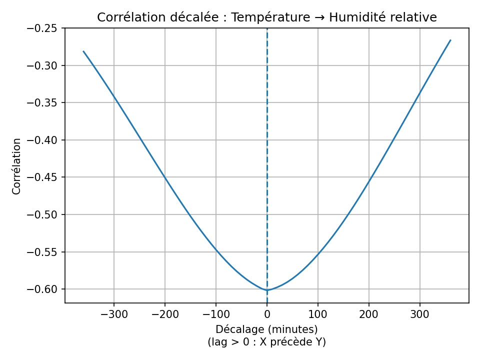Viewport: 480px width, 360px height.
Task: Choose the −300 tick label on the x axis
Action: (x=114, y=314)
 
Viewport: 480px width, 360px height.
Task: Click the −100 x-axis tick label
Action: (x=215, y=314)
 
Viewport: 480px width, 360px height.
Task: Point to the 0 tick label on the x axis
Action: (x=267, y=314)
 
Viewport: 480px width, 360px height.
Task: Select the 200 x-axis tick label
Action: (x=368, y=314)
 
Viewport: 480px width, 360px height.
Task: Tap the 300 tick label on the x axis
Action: (x=419, y=314)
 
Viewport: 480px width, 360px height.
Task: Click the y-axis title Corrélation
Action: (x=17, y=166)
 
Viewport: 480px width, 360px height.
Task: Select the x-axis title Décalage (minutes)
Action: (x=266, y=329)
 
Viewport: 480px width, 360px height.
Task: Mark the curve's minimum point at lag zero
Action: (x=267, y=290)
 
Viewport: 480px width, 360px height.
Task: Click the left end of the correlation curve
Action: (x=83, y=51)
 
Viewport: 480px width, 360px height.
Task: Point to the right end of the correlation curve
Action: (x=450, y=40)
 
